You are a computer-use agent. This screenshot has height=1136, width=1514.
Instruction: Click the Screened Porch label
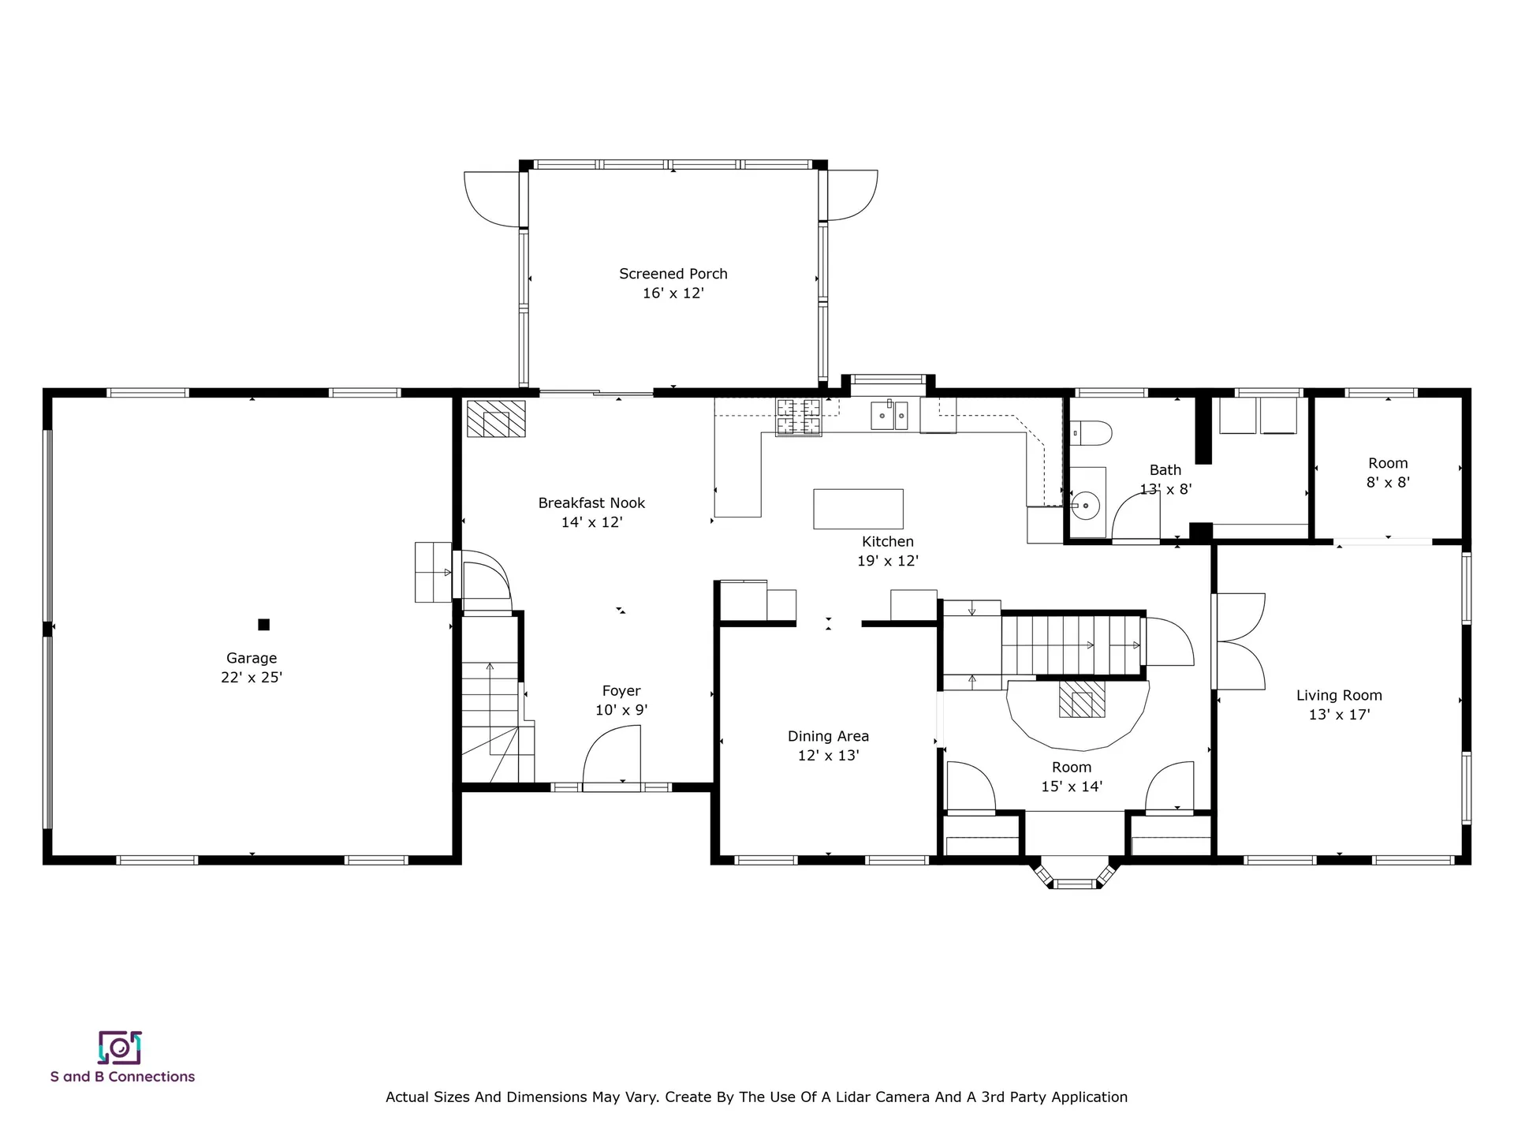point(673,274)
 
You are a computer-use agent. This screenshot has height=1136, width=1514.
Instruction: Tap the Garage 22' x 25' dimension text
point(252,677)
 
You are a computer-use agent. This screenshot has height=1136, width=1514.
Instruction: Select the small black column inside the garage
point(264,625)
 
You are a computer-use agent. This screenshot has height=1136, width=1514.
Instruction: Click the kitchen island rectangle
point(858,509)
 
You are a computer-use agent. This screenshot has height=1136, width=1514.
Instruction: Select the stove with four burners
point(798,417)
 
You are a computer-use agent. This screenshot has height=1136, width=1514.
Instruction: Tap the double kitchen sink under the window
point(889,415)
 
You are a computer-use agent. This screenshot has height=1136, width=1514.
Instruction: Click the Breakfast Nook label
point(591,503)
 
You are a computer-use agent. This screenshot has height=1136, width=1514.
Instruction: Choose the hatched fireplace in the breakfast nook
point(496,419)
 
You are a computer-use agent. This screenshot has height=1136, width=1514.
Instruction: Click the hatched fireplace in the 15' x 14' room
point(1081,700)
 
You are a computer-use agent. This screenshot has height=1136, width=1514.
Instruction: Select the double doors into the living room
point(1240,641)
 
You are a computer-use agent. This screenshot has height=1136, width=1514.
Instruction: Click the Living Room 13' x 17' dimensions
point(1339,715)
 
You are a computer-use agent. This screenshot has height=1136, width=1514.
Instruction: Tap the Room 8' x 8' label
point(1388,464)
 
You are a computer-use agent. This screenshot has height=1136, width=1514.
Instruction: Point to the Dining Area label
point(828,736)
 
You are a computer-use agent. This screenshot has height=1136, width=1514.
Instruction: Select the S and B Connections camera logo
point(120,1048)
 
